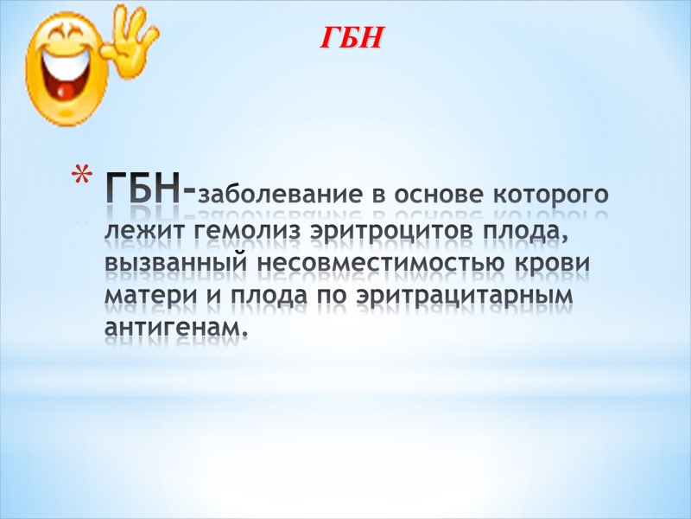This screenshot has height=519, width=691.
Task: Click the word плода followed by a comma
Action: [x=523, y=233]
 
